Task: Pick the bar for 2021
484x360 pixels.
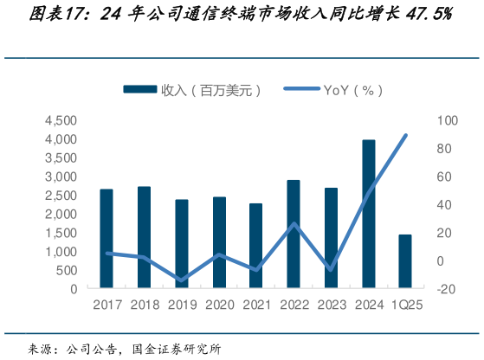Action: click(256, 246)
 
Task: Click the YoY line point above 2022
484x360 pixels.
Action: click(294, 224)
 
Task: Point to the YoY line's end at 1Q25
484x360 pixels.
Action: click(406, 135)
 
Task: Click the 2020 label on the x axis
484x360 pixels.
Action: click(218, 305)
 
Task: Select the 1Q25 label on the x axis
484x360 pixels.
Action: click(405, 305)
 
